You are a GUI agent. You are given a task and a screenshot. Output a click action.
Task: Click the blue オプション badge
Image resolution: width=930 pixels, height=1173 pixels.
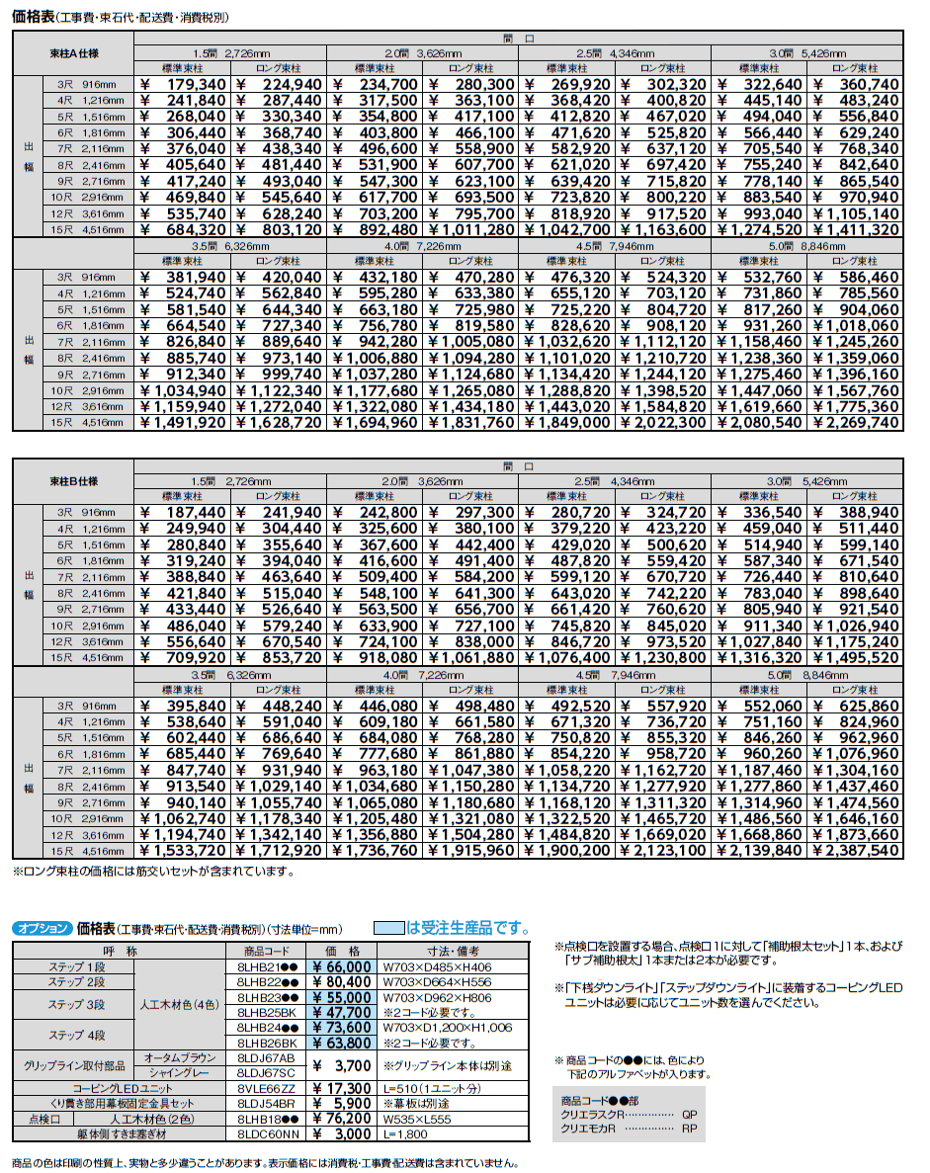click(x=42, y=928)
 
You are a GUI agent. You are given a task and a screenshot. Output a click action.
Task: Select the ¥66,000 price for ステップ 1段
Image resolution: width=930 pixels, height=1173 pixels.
click(x=342, y=967)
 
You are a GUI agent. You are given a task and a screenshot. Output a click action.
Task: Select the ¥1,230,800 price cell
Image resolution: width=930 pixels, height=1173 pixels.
click(x=664, y=657)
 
